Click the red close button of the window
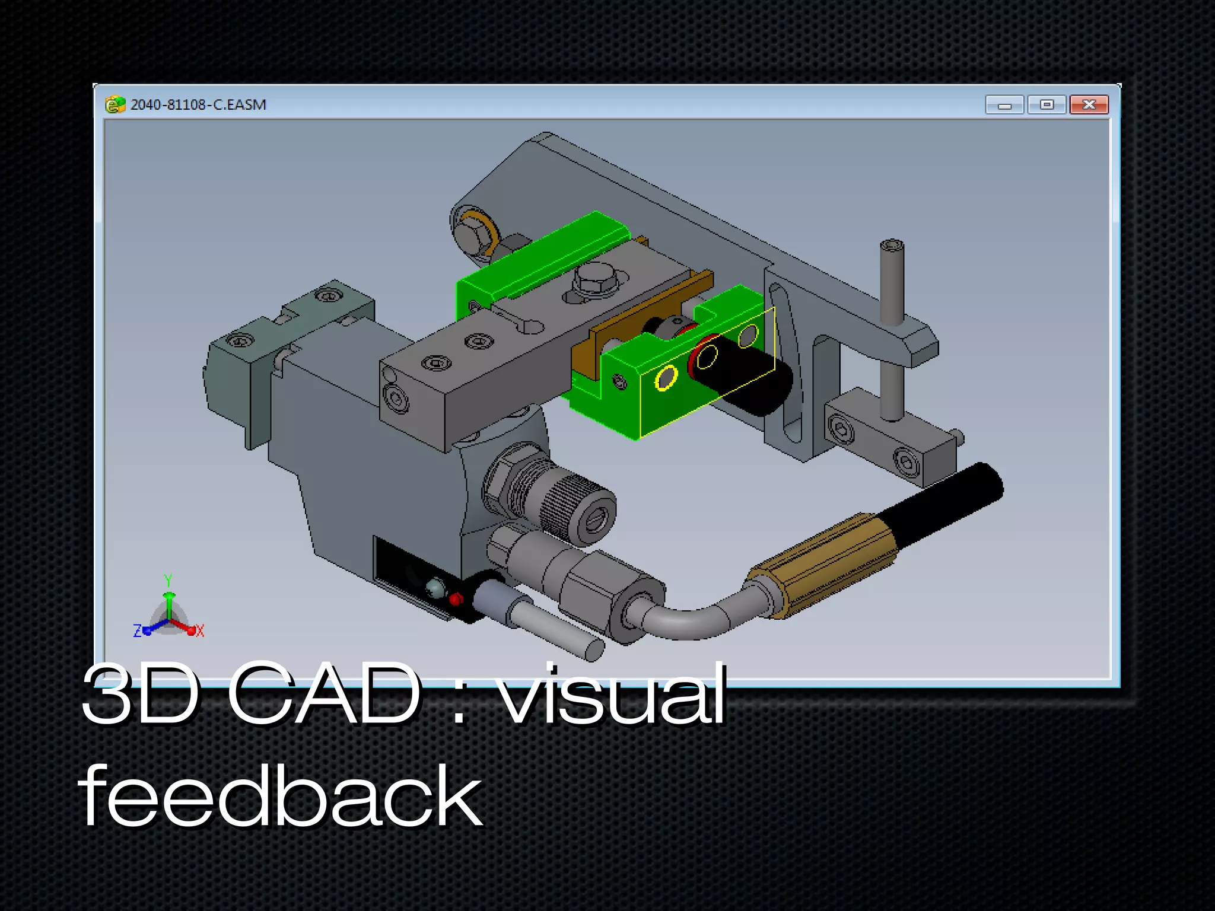(x=1089, y=104)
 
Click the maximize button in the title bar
(x=1047, y=104)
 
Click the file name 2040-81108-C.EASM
(x=198, y=104)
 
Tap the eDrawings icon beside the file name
(x=114, y=104)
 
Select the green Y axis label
(x=168, y=580)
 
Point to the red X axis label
(x=200, y=631)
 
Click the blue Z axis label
(x=137, y=631)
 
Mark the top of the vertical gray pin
(x=891, y=246)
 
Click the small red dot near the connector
(x=456, y=599)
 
